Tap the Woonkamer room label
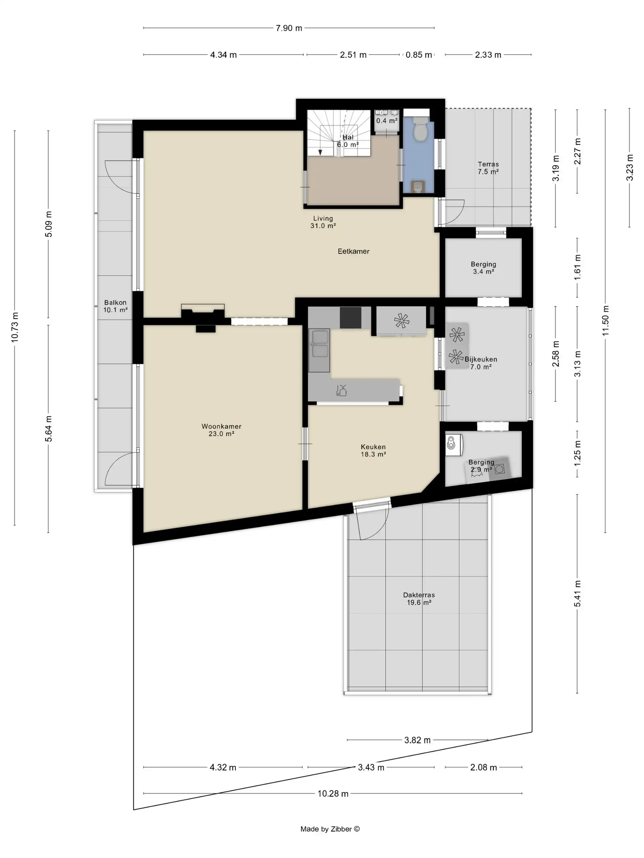coord(221,426)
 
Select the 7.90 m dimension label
coord(289,28)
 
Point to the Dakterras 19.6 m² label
coord(419,599)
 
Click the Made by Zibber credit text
coord(330,829)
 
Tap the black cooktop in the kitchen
coord(351,318)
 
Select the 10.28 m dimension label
coord(333,794)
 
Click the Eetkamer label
coord(353,251)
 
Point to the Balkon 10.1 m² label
coord(115,306)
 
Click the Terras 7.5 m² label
coord(488,168)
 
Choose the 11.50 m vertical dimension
coord(605,321)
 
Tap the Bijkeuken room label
coord(481,359)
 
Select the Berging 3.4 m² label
coord(483,268)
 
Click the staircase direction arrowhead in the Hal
coord(320,152)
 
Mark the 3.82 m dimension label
coord(417,740)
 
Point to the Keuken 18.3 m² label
coord(373,450)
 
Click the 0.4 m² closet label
coord(387,121)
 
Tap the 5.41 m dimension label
coord(578,594)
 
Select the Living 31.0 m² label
coord(323,222)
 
